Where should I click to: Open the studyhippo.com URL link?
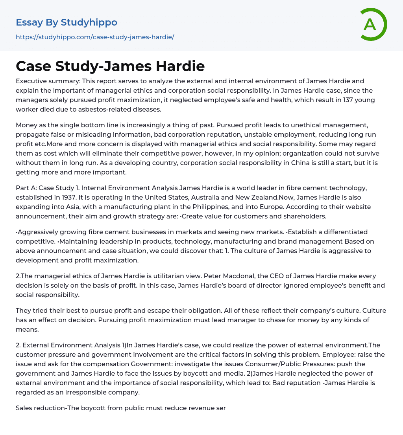click(x=95, y=37)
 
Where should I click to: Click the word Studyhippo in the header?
click(x=89, y=22)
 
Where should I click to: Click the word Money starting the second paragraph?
click(x=26, y=125)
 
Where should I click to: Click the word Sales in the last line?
click(x=24, y=408)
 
